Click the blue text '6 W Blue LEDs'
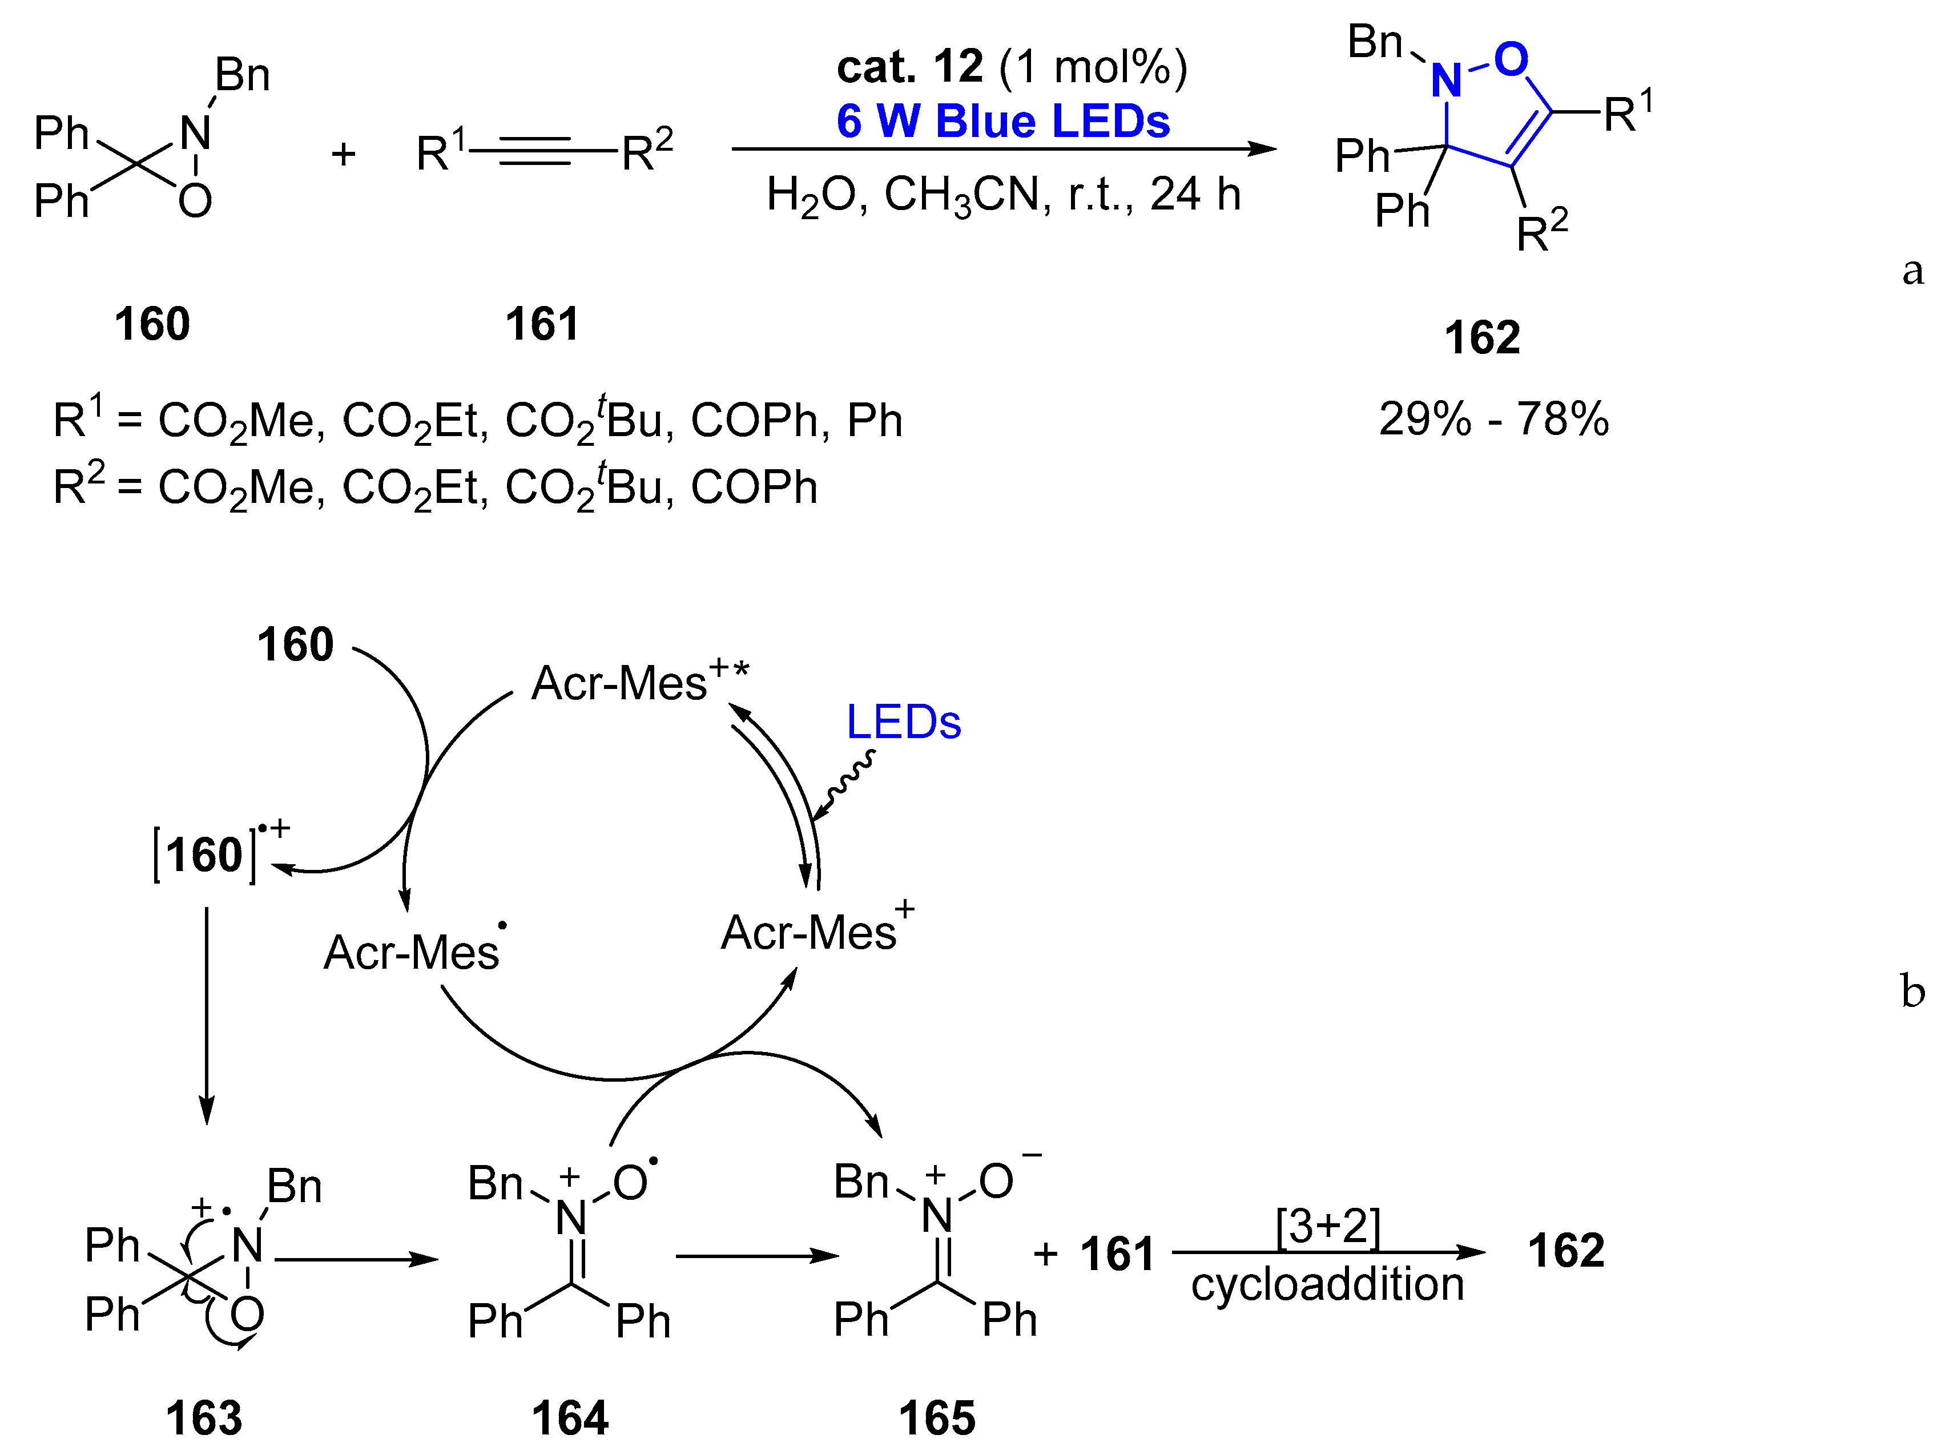(1003, 121)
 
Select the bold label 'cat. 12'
(909, 67)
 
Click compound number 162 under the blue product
(1482, 338)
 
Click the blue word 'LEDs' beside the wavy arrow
(903, 722)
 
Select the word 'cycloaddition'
(1327, 1284)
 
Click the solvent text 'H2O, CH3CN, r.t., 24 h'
(1003, 195)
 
